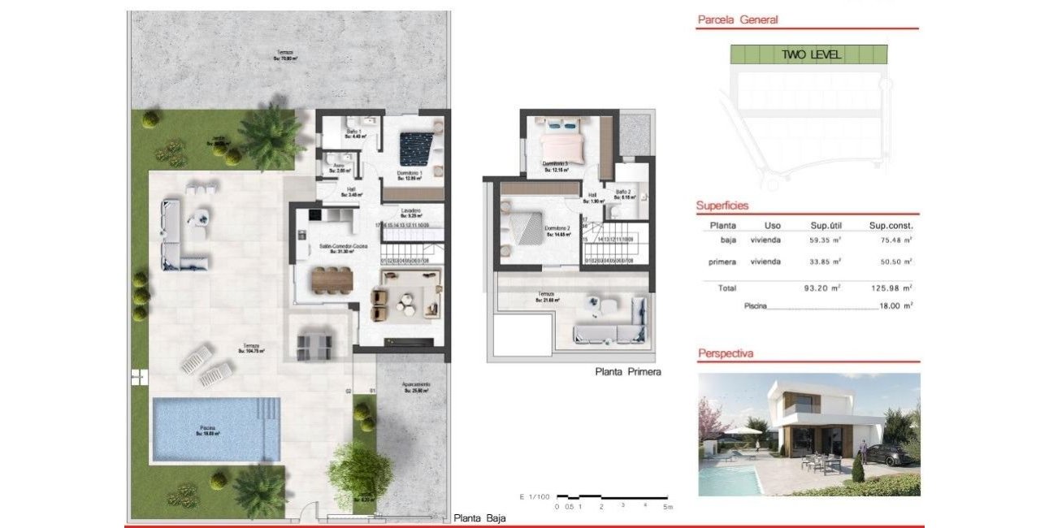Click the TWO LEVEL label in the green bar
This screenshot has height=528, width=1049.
[x=810, y=55]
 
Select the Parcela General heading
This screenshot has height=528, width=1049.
[x=738, y=19]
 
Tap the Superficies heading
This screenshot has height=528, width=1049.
[x=722, y=206]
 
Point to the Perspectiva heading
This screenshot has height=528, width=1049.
[x=726, y=353]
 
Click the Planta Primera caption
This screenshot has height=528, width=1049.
[x=628, y=372]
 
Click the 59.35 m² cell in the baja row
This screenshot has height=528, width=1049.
[x=826, y=240]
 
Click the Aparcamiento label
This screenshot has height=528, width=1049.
[x=416, y=385]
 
